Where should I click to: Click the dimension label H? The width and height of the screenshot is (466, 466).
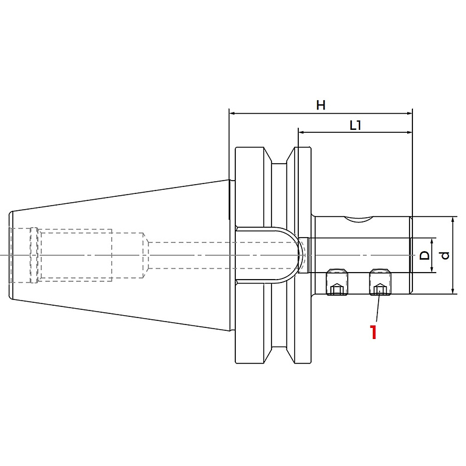(x=321, y=105)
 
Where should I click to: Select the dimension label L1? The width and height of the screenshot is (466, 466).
(x=355, y=126)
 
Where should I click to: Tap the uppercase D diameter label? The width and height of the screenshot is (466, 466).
(x=425, y=255)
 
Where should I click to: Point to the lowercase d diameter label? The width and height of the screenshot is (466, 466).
(x=445, y=255)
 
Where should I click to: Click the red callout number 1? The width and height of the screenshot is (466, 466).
(x=373, y=332)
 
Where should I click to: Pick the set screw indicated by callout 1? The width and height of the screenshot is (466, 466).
(x=380, y=282)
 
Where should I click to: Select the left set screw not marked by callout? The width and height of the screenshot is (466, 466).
(x=337, y=282)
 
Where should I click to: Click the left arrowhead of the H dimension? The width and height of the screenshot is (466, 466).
(x=232, y=113)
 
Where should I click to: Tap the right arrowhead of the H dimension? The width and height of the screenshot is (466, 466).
(x=409, y=113)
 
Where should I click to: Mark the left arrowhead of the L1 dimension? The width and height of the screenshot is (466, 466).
(x=302, y=132)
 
